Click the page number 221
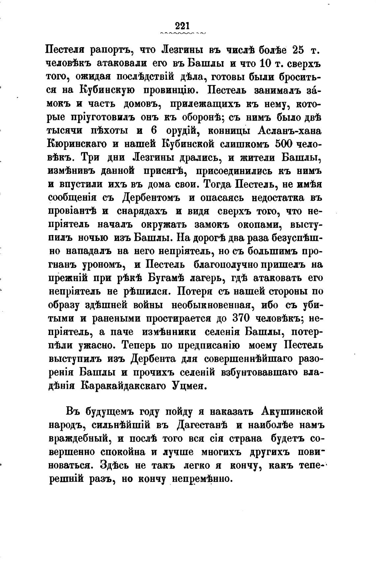pyautogui.click(x=182, y=26)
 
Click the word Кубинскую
pyautogui.click(x=107, y=90)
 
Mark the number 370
pyautogui.click(x=245, y=318)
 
